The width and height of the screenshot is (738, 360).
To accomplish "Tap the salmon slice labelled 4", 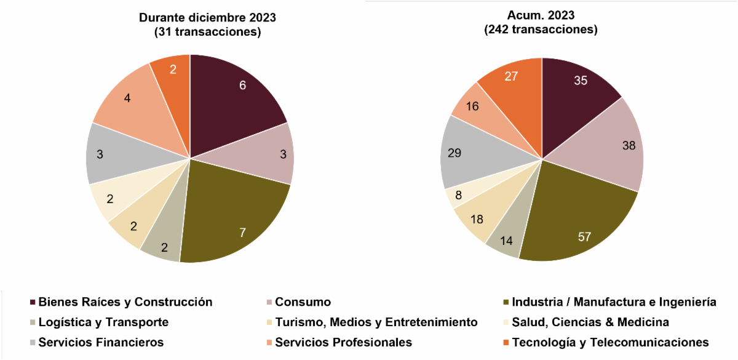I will click(x=129, y=102).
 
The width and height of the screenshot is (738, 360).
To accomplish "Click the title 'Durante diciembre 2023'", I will click(x=207, y=18).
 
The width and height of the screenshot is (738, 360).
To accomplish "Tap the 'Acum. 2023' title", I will click(x=541, y=15).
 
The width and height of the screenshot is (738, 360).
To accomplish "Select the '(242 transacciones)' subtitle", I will click(x=541, y=30).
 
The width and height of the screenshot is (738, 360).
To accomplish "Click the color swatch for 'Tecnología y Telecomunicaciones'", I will click(x=506, y=343).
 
